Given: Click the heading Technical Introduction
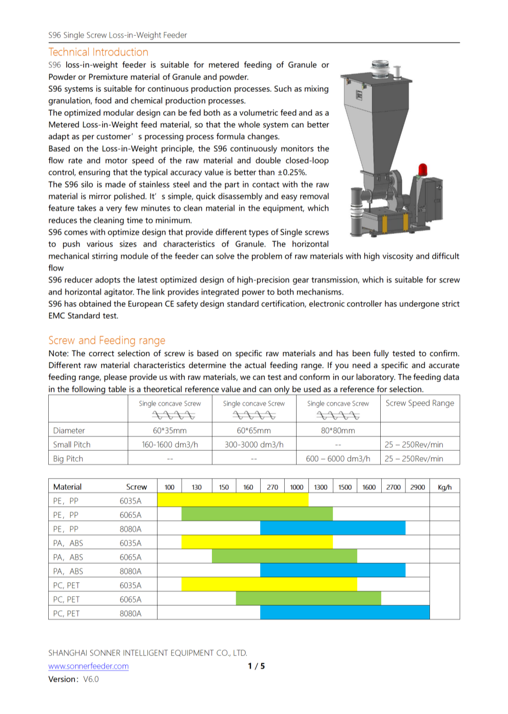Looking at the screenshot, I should tap(98, 52).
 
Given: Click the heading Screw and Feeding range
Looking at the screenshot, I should tap(107, 341).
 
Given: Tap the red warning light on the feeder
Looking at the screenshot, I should tap(423, 169).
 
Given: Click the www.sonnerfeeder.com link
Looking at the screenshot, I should tap(88, 666).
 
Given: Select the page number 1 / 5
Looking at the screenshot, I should tap(256, 666).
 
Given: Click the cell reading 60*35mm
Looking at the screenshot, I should tap(170, 431).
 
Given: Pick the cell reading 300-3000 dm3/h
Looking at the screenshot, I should tap(254, 445).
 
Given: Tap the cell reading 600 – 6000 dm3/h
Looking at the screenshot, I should tap(338, 459).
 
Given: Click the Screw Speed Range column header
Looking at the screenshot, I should tap(420, 404).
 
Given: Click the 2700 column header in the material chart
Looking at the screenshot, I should tap(394, 487).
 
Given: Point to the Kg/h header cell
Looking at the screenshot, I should tap(444, 487).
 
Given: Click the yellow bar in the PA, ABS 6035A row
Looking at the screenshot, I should tap(257, 543).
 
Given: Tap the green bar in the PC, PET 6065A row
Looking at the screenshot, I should tap(308, 599).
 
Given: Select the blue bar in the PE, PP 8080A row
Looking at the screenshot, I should tap(333, 529).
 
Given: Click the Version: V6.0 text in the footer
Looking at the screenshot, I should tap(73, 679).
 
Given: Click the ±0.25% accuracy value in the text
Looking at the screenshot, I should tap(291, 173).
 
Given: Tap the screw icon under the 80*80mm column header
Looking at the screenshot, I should tap(338, 415).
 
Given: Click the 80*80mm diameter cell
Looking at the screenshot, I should tap(338, 431).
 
